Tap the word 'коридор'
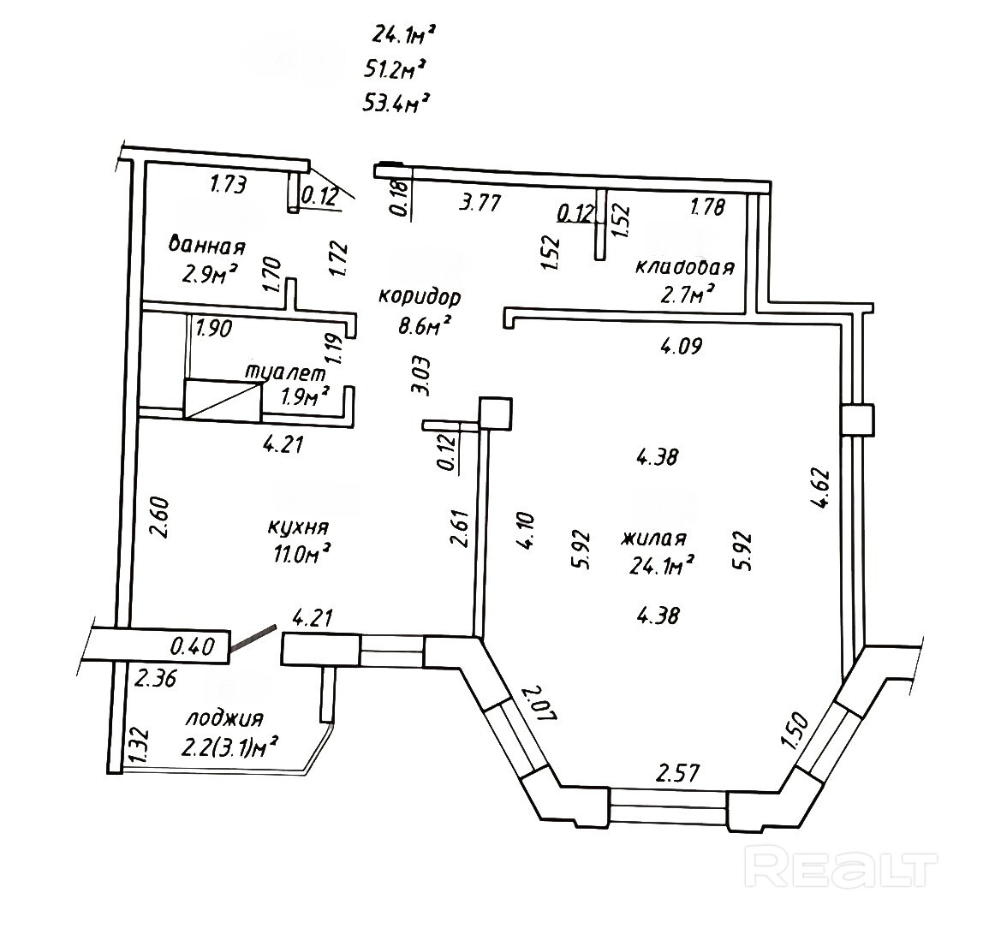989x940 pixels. point(420,297)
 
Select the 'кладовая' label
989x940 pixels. point(684,267)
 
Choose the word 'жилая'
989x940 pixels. point(653,538)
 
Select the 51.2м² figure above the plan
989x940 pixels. point(396,68)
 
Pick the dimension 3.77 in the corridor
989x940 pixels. point(480,203)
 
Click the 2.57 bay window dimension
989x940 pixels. point(677,773)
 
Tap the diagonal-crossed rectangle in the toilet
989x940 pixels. point(223,400)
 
